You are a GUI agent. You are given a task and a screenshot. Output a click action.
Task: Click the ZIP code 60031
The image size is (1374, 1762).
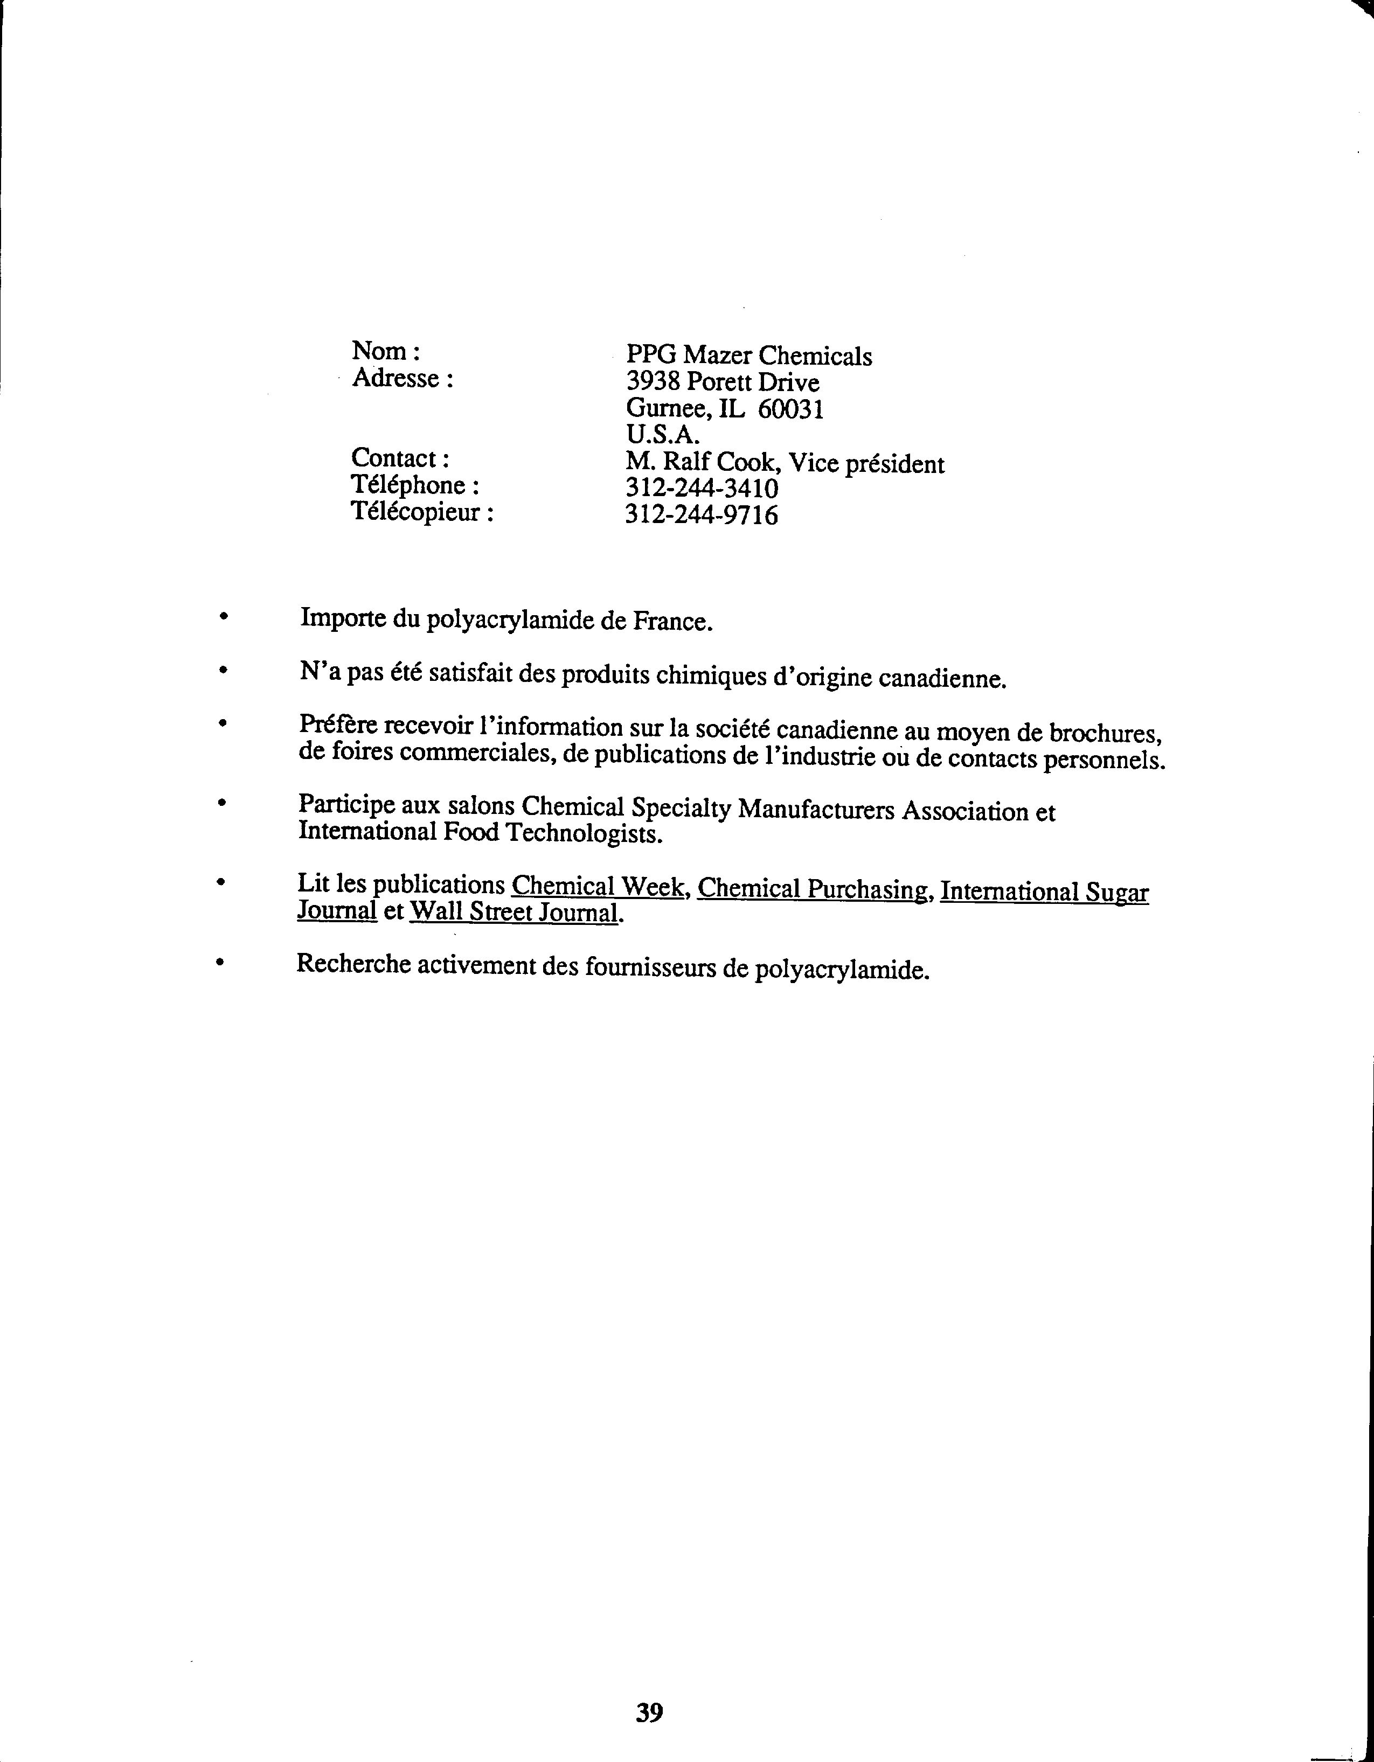(790, 410)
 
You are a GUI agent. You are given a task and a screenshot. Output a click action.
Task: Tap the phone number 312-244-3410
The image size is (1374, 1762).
(702, 488)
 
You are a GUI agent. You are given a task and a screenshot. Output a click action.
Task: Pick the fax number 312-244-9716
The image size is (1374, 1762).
(702, 515)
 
